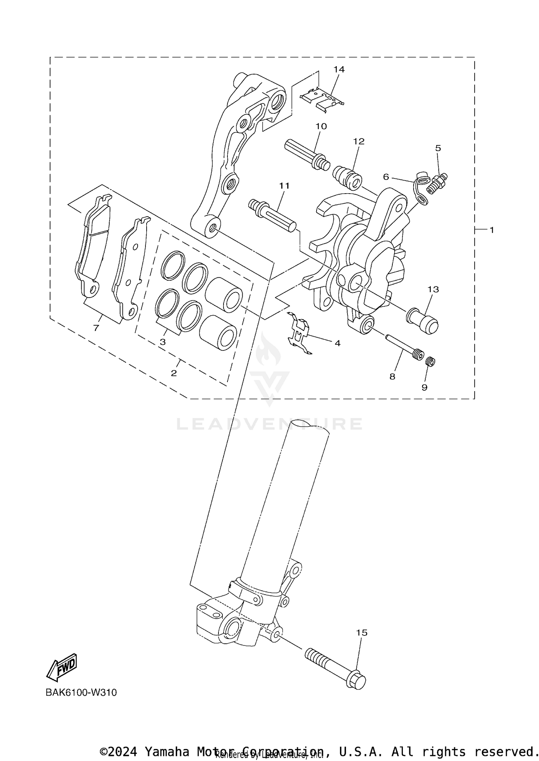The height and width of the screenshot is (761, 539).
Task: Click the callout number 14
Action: coord(339,69)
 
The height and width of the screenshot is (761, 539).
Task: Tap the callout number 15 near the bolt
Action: coord(362,633)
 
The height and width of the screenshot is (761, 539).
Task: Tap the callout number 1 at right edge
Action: coord(492,230)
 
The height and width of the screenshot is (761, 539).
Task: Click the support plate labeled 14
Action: coord(321,99)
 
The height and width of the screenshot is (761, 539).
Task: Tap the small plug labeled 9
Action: coord(430,361)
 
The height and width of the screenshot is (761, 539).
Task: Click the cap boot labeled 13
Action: coord(423,321)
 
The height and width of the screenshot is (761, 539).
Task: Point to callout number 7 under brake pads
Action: coord(96,328)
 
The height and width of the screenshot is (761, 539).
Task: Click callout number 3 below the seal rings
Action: coord(163,342)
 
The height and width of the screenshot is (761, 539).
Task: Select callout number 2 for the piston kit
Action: coord(174,373)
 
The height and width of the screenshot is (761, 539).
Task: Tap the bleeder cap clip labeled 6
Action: coord(421,188)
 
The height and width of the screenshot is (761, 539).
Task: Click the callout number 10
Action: coord(321,126)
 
